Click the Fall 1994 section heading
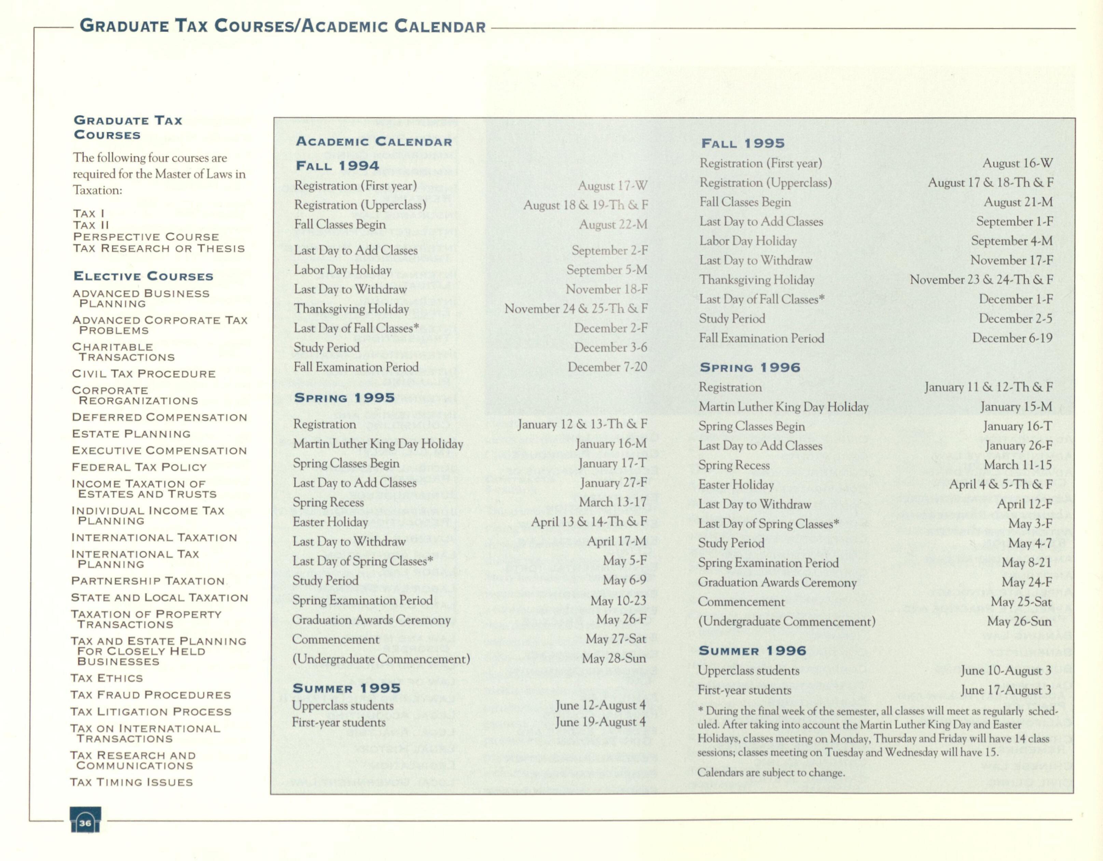click(337, 166)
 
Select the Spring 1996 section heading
click(750, 367)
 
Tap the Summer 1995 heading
click(346, 688)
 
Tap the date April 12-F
click(1024, 504)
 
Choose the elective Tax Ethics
click(107, 678)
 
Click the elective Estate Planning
click(131, 434)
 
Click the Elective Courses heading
click(143, 276)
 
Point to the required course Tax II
click(91, 225)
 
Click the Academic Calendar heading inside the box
click(374, 141)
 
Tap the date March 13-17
click(612, 502)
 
